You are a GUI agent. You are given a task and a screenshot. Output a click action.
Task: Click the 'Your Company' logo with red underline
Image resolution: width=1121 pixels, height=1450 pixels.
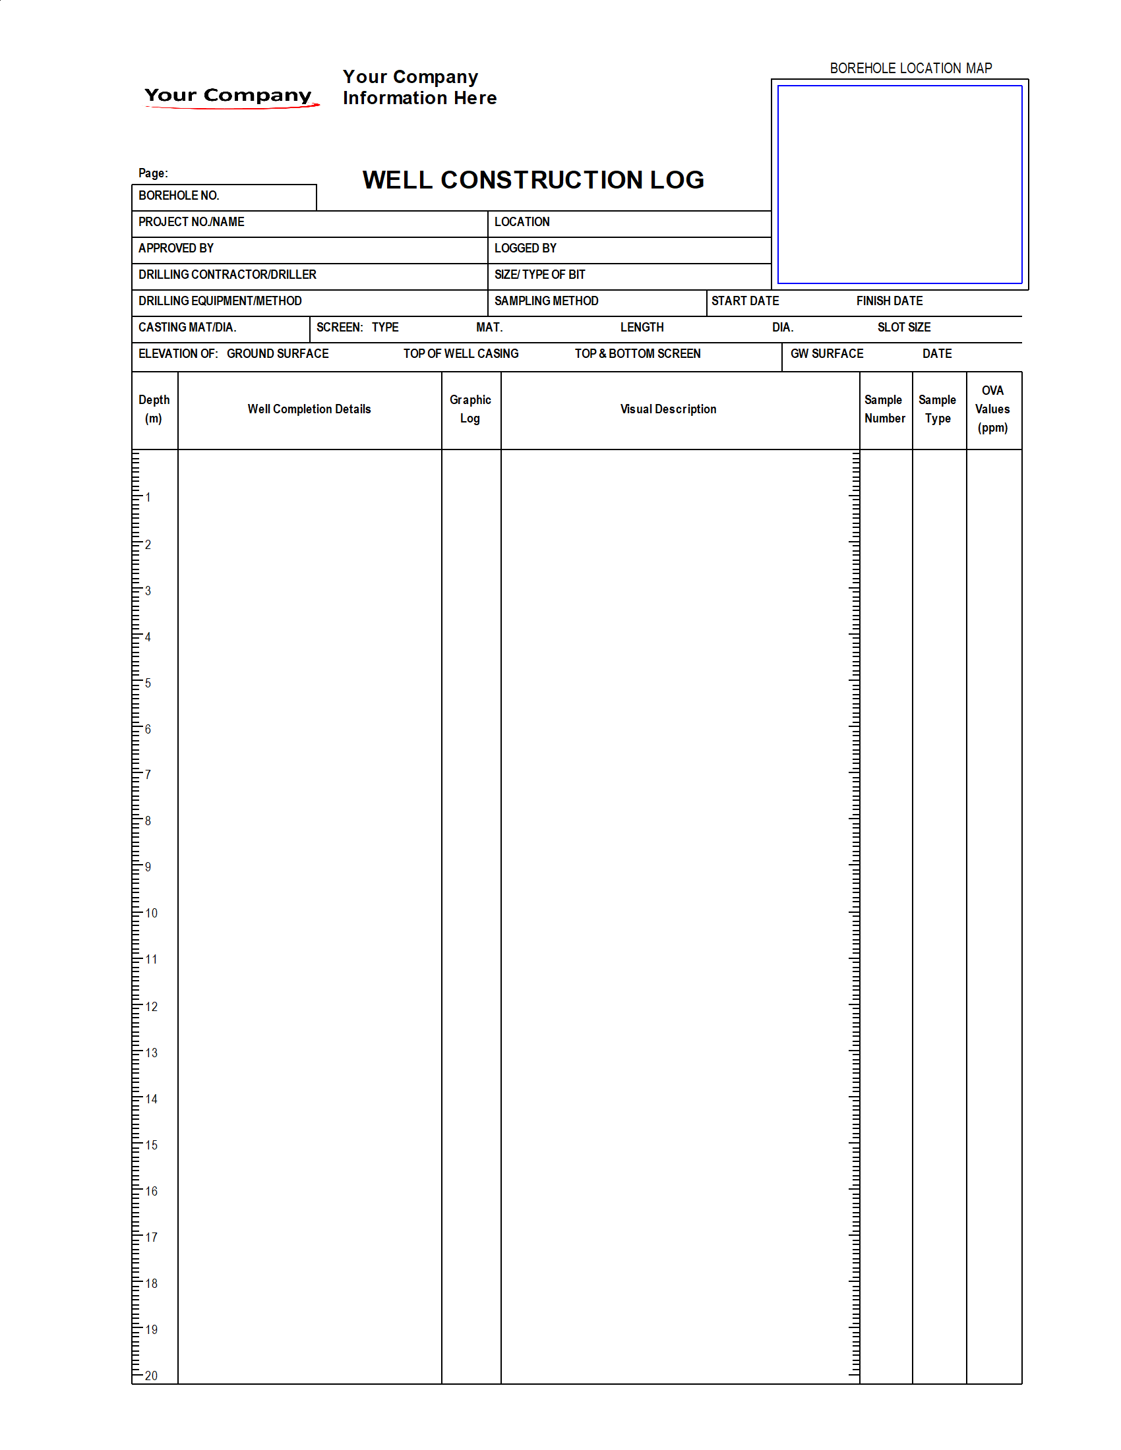pyautogui.click(x=229, y=96)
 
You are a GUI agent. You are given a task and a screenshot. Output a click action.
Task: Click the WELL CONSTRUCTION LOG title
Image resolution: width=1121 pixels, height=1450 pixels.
pyautogui.click(x=533, y=180)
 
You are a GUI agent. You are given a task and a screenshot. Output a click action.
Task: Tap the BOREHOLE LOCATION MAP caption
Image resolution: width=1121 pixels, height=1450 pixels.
pyautogui.click(x=911, y=69)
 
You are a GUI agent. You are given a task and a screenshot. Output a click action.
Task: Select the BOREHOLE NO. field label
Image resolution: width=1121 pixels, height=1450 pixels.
pyautogui.click(x=179, y=196)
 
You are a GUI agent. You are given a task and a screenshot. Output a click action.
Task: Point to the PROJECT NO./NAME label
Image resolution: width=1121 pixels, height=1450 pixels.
pyautogui.click(x=191, y=221)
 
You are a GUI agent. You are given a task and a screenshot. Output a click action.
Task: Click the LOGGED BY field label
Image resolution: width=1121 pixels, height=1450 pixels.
pyautogui.click(x=526, y=248)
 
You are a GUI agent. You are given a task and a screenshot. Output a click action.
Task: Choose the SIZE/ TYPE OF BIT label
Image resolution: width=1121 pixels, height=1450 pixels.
pyautogui.click(x=539, y=275)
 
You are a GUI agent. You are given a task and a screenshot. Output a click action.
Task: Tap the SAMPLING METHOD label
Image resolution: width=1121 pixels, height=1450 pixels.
pyautogui.click(x=546, y=301)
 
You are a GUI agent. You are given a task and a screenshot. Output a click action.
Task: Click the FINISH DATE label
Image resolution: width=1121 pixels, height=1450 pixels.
pyautogui.click(x=890, y=301)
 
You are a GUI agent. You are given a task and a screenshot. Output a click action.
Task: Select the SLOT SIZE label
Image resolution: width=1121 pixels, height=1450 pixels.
pyautogui.click(x=904, y=328)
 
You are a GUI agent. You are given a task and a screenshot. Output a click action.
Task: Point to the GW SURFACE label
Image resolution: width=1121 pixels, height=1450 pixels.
pyautogui.click(x=827, y=354)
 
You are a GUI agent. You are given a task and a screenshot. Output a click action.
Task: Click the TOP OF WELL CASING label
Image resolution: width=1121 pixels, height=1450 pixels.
pyautogui.click(x=461, y=354)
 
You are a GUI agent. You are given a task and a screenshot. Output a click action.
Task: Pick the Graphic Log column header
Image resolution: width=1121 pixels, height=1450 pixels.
pyautogui.click(x=470, y=409)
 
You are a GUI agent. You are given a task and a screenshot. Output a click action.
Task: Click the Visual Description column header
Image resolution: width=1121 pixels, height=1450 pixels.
pyautogui.click(x=668, y=410)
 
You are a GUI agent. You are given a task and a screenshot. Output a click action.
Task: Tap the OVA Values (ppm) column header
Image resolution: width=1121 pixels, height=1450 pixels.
pyautogui.click(x=992, y=409)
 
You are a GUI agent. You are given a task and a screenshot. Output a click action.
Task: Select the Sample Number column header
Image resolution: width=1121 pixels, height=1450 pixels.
pyautogui.click(x=884, y=409)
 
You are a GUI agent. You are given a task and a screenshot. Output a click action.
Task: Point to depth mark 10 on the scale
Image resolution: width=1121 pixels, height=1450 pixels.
pyautogui.click(x=152, y=913)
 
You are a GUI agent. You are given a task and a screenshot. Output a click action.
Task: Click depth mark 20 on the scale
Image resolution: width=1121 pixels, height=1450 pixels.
pyautogui.click(x=152, y=1376)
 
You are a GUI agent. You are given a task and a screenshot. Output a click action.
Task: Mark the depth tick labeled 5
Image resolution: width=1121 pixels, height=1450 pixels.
pyautogui.click(x=148, y=683)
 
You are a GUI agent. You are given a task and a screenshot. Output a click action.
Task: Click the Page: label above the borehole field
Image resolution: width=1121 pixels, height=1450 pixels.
pyautogui.click(x=153, y=173)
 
